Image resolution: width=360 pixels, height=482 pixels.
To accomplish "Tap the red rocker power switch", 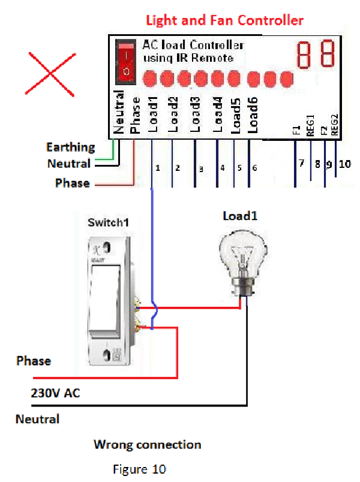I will point(126,62).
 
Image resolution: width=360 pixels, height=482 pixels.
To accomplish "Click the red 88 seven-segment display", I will point(316,55).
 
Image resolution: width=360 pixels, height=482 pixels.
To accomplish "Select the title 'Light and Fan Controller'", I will point(225,20).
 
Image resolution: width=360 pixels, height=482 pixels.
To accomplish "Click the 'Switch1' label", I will point(109,222).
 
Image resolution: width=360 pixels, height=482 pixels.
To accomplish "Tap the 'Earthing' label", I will point(71,147).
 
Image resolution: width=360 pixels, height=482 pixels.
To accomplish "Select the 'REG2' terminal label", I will point(335,125).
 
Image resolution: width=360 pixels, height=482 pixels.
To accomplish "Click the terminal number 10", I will point(344,163).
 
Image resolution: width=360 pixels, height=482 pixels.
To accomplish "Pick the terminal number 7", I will point(302,163).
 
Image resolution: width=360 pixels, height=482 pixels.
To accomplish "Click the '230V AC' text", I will point(55,393).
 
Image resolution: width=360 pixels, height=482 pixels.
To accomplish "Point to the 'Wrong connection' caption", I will point(147,445).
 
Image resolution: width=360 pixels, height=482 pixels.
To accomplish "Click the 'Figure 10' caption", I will point(139,468).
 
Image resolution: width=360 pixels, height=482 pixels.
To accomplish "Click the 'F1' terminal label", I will point(296,131).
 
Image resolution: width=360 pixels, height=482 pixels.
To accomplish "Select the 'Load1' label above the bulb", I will point(239,216).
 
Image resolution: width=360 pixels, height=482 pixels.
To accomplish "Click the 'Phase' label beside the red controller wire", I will point(73,183).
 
